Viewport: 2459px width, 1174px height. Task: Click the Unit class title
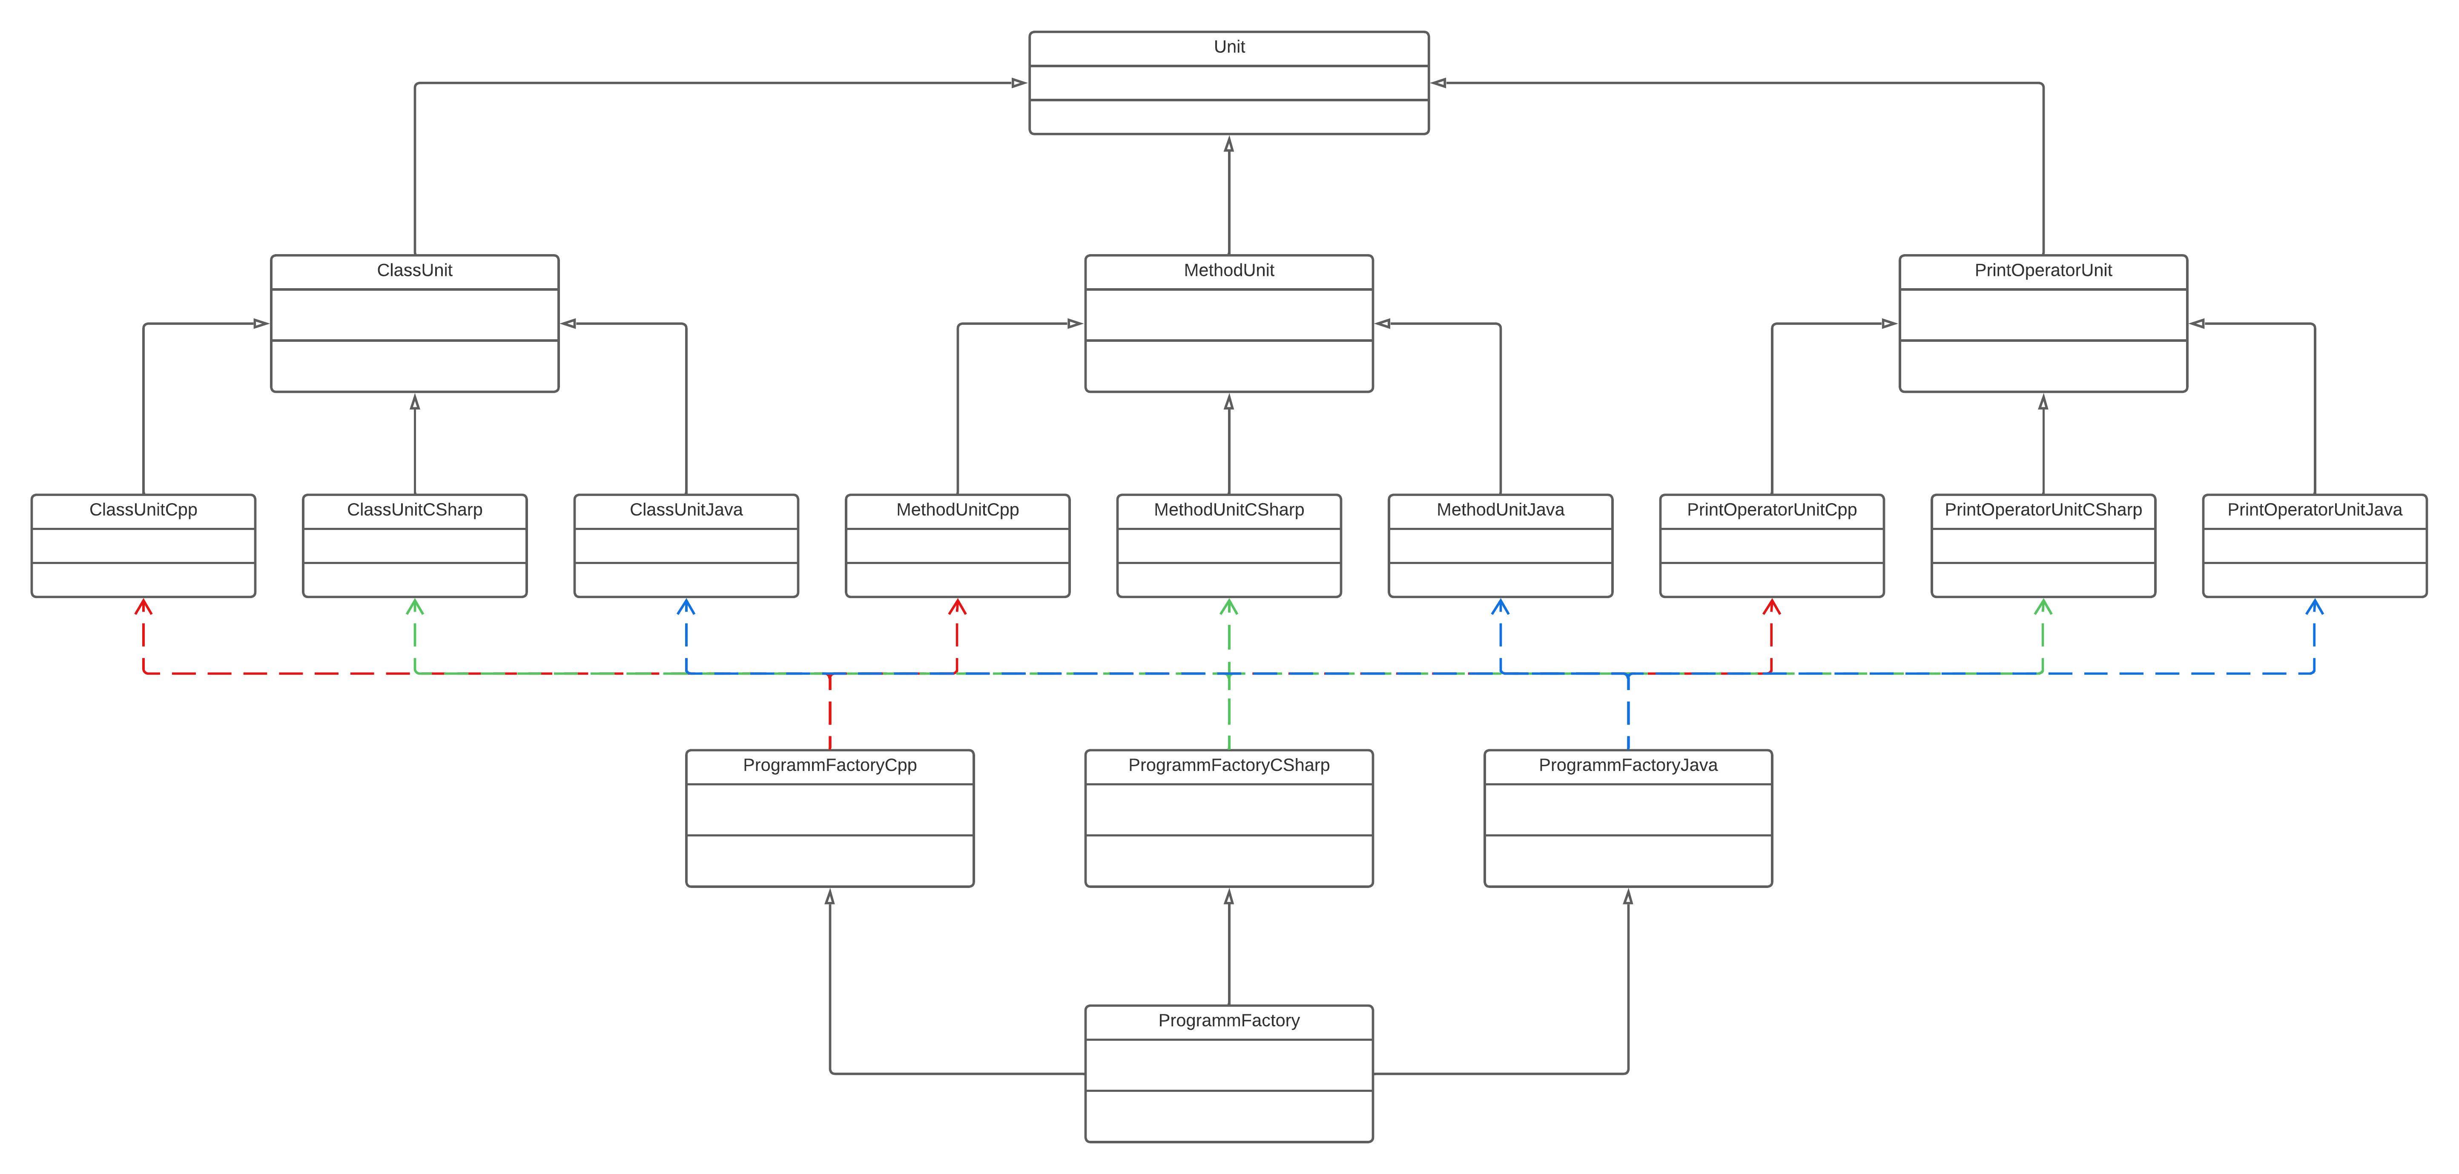[x=1228, y=47]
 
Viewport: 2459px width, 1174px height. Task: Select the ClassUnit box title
[x=414, y=270]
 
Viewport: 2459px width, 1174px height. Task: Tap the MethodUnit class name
[x=1228, y=270]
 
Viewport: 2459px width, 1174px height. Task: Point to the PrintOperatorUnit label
[x=2043, y=270]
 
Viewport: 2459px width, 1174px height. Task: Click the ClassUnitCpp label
[x=143, y=510]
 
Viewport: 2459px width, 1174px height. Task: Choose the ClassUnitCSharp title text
[x=414, y=510]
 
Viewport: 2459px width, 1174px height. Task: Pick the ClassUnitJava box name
[x=686, y=510]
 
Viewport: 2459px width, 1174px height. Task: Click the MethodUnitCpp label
[x=958, y=510]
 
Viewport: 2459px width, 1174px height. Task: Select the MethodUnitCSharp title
[x=1228, y=510]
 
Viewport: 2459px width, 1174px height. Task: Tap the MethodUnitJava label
[x=1500, y=510]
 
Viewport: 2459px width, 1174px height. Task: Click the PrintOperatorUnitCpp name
[x=1772, y=510]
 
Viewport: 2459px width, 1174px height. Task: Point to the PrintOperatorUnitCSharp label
[x=2043, y=510]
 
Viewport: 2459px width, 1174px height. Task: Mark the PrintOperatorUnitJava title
[x=2314, y=510]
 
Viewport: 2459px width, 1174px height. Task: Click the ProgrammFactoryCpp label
[x=829, y=765]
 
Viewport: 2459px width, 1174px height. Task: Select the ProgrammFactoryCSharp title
[x=1228, y=765]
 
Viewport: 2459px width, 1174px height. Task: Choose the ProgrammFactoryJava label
[x=1627, y=765]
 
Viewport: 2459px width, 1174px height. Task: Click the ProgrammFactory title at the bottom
[x=1228, y=1020]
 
